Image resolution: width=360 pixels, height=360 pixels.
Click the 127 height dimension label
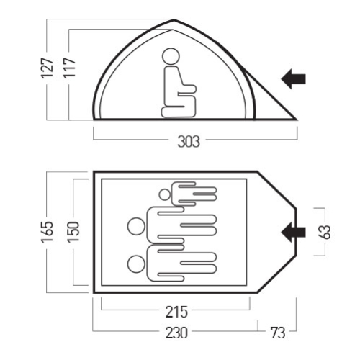[48, 68]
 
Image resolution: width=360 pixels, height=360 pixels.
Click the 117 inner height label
[69, 68]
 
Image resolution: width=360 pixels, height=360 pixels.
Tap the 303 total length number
[189, 142]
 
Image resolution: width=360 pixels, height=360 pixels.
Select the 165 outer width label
[48, 232]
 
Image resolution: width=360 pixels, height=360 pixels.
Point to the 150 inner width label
[73, 232]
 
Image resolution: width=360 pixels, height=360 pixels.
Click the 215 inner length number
[176, 312]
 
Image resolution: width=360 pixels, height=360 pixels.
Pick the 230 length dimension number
[176, 333]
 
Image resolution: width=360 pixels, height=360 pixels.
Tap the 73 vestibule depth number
[278, 333]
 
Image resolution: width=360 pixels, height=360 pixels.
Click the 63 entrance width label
[325, 232]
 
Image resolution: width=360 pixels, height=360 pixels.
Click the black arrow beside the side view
[293, 78]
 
